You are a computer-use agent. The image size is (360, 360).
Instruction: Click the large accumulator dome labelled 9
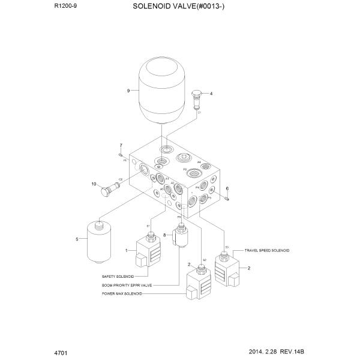coord(161,91)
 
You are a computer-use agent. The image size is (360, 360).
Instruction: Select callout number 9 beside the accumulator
coord(128,91)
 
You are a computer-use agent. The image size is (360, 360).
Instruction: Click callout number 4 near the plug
coord(211,94)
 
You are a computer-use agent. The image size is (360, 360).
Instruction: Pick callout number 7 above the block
coord(121,146)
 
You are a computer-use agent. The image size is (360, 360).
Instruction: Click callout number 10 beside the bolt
coord(94,184)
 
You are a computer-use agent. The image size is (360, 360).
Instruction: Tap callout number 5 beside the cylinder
coord(77,239)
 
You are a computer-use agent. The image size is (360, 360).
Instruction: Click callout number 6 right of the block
coord(228,189)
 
